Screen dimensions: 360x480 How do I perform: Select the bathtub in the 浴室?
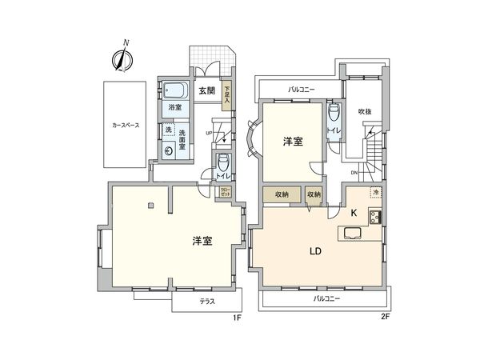[x=174, y=90]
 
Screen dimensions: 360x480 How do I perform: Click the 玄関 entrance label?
[x=206, y=91]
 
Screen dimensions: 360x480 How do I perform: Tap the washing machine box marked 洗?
[x=168, y=129]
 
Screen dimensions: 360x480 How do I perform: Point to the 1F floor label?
[x=236, y=318]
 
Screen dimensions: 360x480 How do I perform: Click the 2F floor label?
[x=385, y=318]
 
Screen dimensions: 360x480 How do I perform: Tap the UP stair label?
[x=208, y=133]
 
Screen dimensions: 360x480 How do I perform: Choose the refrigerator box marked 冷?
[x=374, y=193]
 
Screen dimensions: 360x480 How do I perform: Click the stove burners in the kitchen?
[x=374, y=215]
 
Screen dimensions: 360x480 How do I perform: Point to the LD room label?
[x=315, y=250]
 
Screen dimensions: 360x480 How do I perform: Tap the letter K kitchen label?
[x=353, y=213]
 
